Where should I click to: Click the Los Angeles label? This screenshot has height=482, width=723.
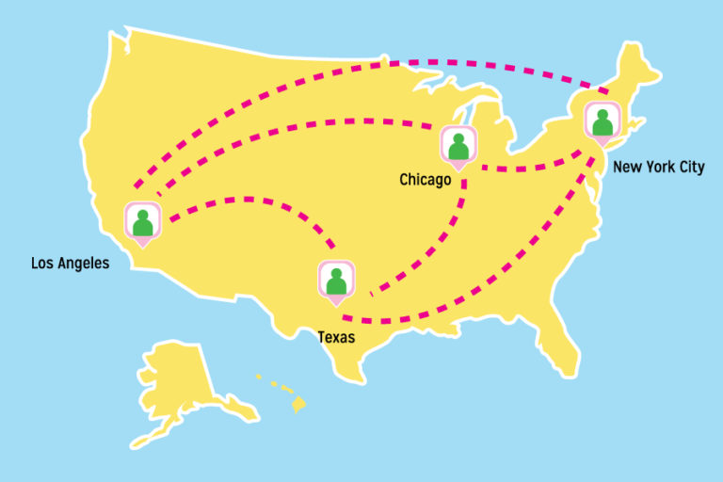tap(70, 264)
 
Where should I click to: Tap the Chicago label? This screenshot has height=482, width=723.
tap(425, 179)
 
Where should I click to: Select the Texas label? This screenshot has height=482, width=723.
tap(336, 337)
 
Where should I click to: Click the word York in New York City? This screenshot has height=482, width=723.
tap(658, 168)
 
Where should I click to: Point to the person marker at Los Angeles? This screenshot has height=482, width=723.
tap(142, 221)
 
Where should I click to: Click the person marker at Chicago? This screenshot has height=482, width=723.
tap(458, 146)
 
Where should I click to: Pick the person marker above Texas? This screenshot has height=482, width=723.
tap(336, 280)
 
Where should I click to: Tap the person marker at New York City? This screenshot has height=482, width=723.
tap(602, 121)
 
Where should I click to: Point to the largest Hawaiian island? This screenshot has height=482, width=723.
tap(298, 405)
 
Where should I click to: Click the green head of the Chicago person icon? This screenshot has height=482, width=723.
tap(458, 138)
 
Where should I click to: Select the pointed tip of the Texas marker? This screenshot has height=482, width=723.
tap(336, 304)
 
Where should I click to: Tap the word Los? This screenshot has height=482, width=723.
tap(41, 264)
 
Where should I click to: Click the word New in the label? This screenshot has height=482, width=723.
tap(626, 168)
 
